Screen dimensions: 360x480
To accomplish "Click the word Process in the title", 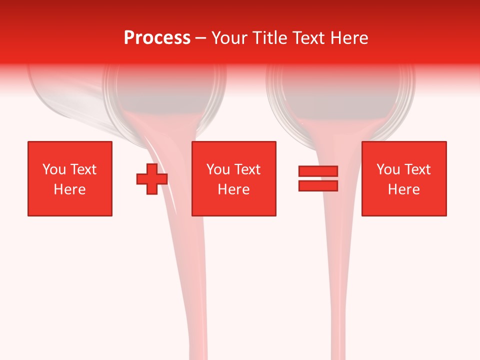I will (157, 38).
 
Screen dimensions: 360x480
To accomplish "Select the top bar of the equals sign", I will (318, 171).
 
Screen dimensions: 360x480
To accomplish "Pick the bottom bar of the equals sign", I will (318, 186).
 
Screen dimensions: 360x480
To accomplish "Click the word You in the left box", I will (54, 169).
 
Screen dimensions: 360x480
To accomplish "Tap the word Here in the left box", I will (69, 189).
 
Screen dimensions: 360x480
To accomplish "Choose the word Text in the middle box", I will (247, 169).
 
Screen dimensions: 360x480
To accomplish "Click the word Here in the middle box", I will (233, 189).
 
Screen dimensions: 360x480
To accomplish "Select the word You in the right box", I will (388, 169).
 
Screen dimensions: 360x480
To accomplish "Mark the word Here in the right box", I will (403, 189).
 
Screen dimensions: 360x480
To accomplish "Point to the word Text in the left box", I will (83, 169).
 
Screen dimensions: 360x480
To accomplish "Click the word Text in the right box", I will (417, 169).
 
